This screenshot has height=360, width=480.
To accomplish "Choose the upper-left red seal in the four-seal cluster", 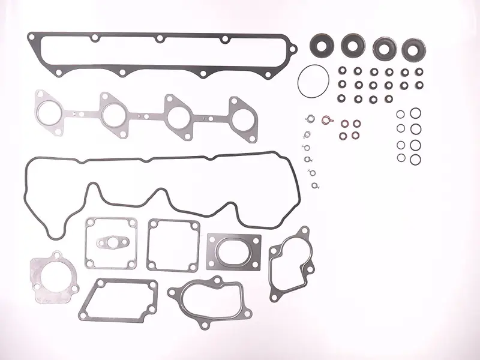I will coord(345,124).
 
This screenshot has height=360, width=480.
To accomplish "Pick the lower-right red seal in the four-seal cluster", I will coord(356,134).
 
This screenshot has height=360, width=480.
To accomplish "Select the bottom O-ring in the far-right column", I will coord(415,159).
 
